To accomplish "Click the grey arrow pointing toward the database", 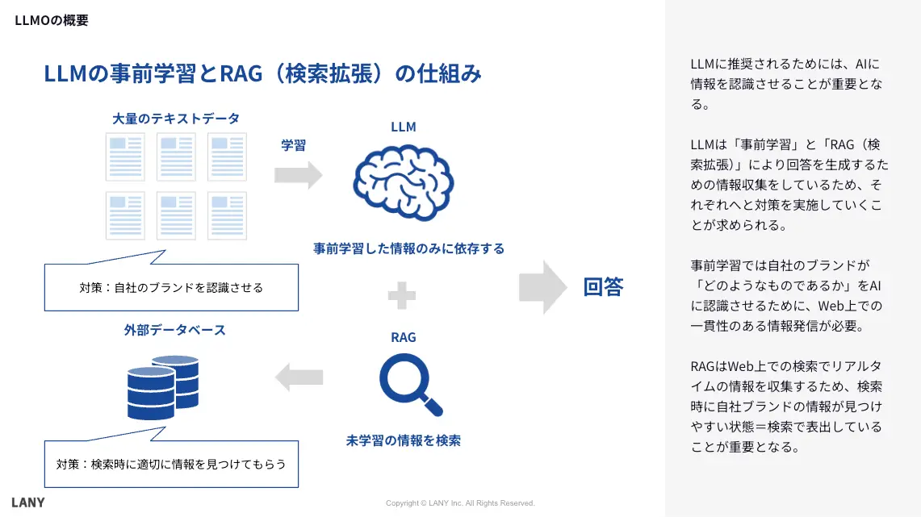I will [x=299, y=376].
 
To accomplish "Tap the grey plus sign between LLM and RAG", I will [x=401, y=295].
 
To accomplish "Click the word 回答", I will [x=603, y=287].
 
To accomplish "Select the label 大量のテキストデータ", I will [x=176, y=119].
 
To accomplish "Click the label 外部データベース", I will [x=174, y=330].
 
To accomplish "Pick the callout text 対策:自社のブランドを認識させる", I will [x=171, y=287].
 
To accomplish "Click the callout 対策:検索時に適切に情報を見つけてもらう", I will [x=171, y=464].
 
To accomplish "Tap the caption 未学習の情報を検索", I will [x=404, y=441].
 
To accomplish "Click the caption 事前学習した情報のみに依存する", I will [x=408, y=248].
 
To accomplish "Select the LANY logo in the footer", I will [x=28, y=502].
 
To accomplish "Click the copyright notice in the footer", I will [x=460, y=503].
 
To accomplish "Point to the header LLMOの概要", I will [x=52, y=21].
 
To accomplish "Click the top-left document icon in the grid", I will [x=126, y=157].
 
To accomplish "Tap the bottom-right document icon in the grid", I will [x=227, y=215].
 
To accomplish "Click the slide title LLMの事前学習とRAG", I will [x=262, y=74].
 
